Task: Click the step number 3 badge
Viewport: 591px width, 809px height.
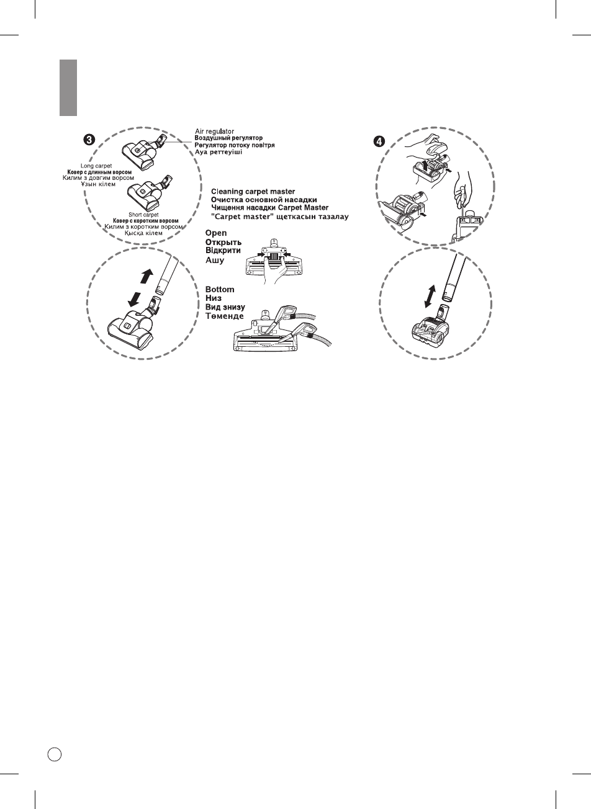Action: pos(90,140)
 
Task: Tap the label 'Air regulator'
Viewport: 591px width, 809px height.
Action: pos(214,131)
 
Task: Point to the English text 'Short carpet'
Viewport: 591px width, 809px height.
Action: pos(144,215)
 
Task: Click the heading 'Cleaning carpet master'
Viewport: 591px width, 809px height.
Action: pos(253,191)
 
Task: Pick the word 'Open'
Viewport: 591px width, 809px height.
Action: pos(217,233)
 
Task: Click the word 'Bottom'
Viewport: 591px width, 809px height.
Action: pos(220,290)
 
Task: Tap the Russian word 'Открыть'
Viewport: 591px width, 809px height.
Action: pos(223,243)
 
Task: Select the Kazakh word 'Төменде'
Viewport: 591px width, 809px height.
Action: pos(225,316)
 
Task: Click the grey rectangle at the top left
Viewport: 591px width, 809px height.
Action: pos(68,87)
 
